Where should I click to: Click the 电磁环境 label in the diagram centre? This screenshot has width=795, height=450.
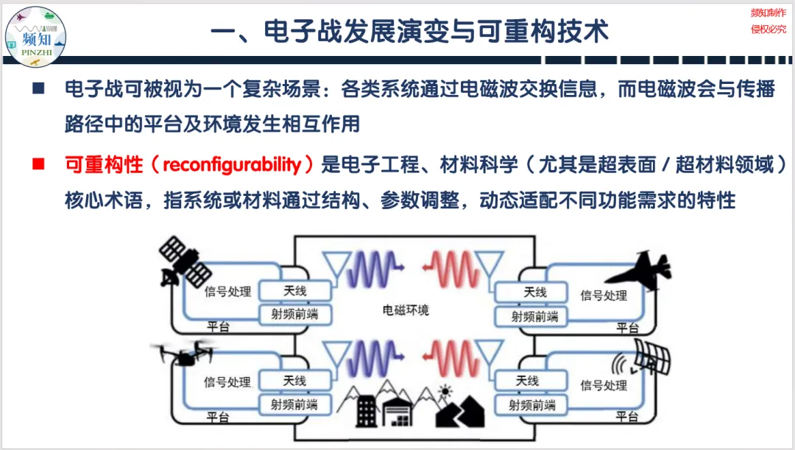[x=406, y=310]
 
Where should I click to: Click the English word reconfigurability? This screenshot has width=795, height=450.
[x=232, y=164]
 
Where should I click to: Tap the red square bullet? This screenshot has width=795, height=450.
[x=38, y=164]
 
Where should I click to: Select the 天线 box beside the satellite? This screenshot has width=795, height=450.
[x=294, y=292]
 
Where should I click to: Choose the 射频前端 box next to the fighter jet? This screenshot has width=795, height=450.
[x=535, y=317]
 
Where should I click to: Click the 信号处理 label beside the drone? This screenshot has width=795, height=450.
[x=227, y=383]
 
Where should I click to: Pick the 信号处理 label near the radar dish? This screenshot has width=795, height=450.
[x=604, y=385]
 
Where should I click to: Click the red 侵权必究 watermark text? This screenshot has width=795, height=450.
[x=768, y=29]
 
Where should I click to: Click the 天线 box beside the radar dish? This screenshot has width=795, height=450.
[x=527, y=381]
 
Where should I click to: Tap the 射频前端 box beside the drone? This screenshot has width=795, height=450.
[x=294, y=404]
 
